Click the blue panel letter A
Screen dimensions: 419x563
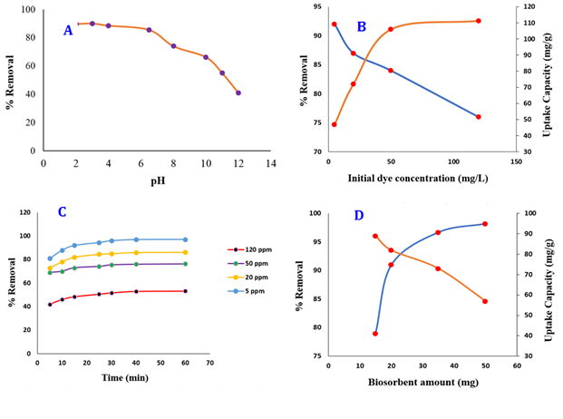68,31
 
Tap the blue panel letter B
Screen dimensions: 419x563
361,27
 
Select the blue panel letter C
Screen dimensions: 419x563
62,212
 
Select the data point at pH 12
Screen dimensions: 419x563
238,93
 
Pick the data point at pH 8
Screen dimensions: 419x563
173,46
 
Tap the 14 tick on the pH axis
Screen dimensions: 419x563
270,164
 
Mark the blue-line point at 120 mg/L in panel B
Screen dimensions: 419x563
478,117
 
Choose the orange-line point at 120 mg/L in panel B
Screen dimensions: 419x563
478,21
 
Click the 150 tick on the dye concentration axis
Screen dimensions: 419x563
515,162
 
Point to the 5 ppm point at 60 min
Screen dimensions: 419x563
185,239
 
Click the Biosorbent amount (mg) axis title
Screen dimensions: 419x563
417,382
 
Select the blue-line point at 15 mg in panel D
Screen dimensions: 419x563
374,334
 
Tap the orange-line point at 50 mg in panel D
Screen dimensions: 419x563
485,301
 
